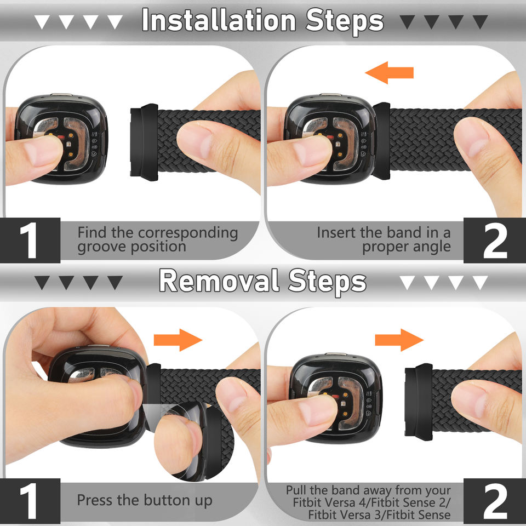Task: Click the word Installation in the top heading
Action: point(219,20)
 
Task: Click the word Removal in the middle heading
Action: point(219,281)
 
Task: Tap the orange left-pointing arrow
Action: point(389,72)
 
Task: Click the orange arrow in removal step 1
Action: point(178,340)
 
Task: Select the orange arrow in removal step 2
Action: point(399,340)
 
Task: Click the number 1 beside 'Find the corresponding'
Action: point(29,240)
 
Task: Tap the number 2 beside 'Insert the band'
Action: point(495,240)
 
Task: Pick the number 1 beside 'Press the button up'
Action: point(29,501)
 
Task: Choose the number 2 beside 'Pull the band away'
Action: point(495,501)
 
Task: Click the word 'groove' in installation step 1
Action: point(102,247)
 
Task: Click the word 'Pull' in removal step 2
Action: point(296,490)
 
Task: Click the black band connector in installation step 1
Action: point(144,142)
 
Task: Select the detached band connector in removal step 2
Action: point(419,402)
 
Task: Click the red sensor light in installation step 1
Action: point(61,137)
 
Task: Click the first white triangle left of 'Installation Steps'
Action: point(42,22)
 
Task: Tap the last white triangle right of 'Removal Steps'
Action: point(480,283)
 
